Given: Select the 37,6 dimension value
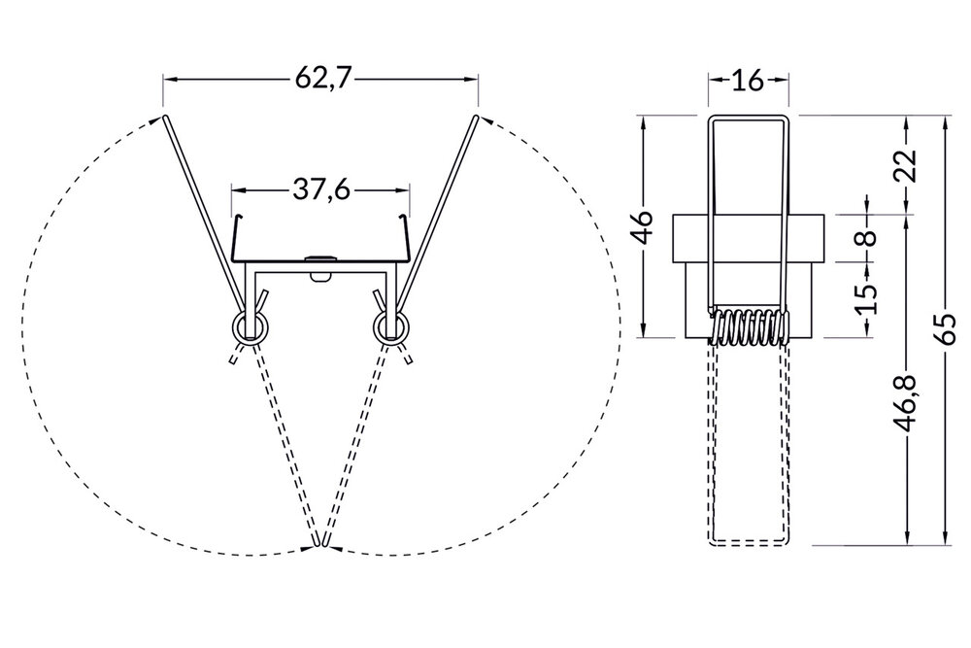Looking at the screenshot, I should [320, 189].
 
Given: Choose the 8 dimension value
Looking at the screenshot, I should [867, 236].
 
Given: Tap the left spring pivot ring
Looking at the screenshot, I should [250, 325].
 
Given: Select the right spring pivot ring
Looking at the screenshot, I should [391, 325].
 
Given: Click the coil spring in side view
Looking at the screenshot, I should [749, 327].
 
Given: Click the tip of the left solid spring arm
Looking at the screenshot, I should [164, 118].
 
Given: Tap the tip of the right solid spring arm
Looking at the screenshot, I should [477, 118].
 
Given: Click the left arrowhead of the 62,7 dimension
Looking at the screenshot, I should [168, 78].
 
